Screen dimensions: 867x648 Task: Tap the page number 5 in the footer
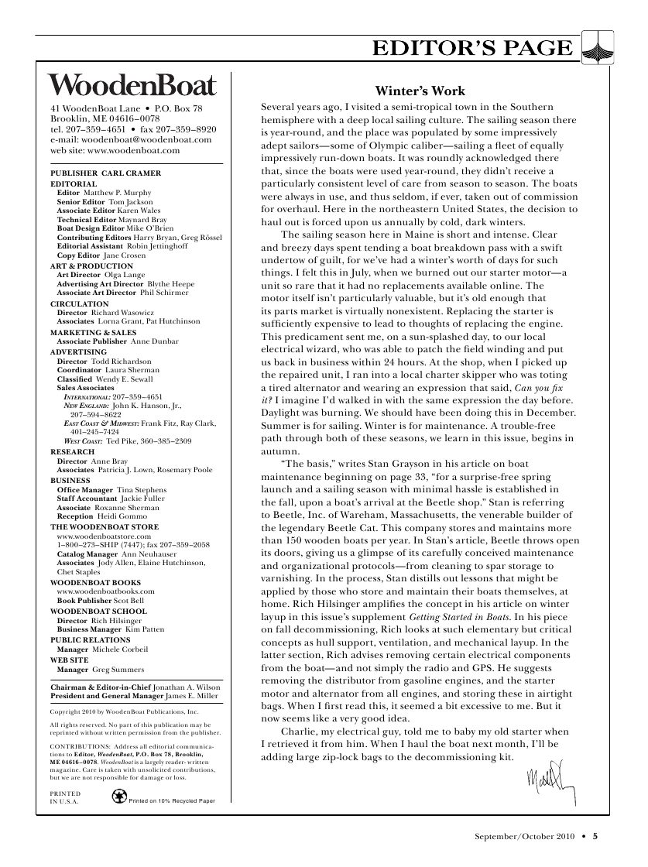coord(596,835)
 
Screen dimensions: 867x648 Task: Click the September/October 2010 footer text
coord(526,835)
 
